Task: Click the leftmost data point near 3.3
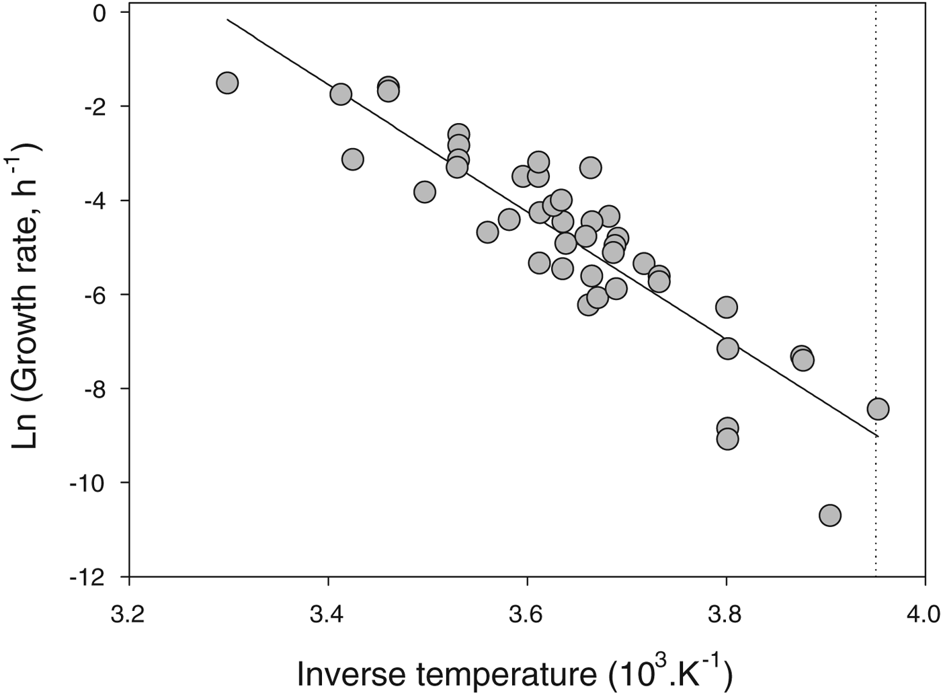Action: tap(227, 83)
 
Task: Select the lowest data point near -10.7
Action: tap(830, 515)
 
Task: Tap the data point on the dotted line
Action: tap(878, 408)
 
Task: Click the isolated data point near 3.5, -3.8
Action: tap(424, 192)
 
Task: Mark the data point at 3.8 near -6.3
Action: tap(726, 307)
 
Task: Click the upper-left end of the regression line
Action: tap(227, 20)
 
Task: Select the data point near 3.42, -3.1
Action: tap(352, 159)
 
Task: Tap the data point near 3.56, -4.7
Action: tap(487, 232)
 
